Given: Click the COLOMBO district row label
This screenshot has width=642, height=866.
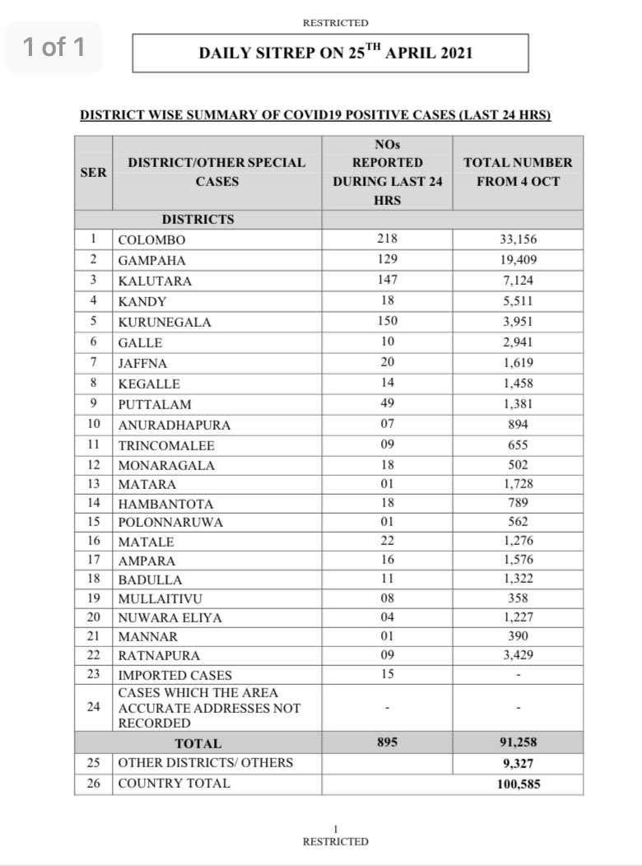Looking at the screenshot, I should [x=151, y=240].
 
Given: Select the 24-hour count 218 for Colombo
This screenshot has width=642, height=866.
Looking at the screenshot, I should [x=388, y=240].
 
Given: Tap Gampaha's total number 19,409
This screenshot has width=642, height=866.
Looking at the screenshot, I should [x=518, y=260].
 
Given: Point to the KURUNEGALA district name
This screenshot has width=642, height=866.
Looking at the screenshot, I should [x=165, y=322].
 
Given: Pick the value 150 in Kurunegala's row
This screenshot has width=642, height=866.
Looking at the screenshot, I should [x=388, y=322].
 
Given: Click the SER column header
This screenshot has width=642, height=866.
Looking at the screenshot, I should [x=93, y=172].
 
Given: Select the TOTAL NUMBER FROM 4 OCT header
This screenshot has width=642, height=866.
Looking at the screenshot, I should [x=518, y=172].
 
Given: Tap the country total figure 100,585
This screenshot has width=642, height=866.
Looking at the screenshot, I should [x=518, y=784].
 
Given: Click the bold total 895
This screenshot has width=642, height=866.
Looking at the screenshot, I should [x=388, y=743].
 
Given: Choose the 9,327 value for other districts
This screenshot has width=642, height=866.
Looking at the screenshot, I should [x=518, y=763].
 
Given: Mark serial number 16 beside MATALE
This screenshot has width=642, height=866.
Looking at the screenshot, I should [x=93, y=542].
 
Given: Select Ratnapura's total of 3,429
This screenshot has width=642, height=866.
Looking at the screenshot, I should [x=518, y=654].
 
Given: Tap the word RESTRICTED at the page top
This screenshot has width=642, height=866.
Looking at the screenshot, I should [x=335, y=23].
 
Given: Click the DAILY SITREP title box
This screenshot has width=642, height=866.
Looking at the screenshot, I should [x=330, y=54].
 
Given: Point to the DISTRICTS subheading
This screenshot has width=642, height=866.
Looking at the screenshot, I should [x=198, y=220].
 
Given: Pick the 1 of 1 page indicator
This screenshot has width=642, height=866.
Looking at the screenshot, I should [x=53, y=47].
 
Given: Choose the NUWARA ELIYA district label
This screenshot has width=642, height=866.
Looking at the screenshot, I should [x=170, y=617].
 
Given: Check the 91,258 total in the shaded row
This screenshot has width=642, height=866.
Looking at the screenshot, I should [x=518, y=743].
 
